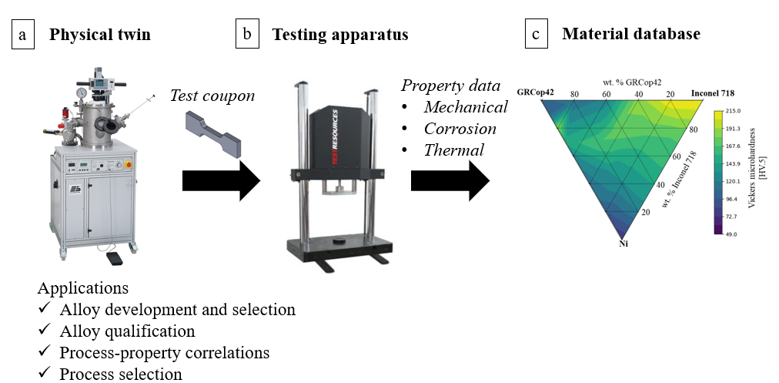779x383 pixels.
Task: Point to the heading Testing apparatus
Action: (339, 35)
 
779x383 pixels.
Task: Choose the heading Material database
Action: (631, 35)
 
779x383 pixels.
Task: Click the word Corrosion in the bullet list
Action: (460, 129)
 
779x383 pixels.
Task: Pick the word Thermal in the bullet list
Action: (454, 150)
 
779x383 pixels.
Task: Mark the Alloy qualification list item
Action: (127, 331)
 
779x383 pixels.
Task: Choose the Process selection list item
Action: (121, 375)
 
